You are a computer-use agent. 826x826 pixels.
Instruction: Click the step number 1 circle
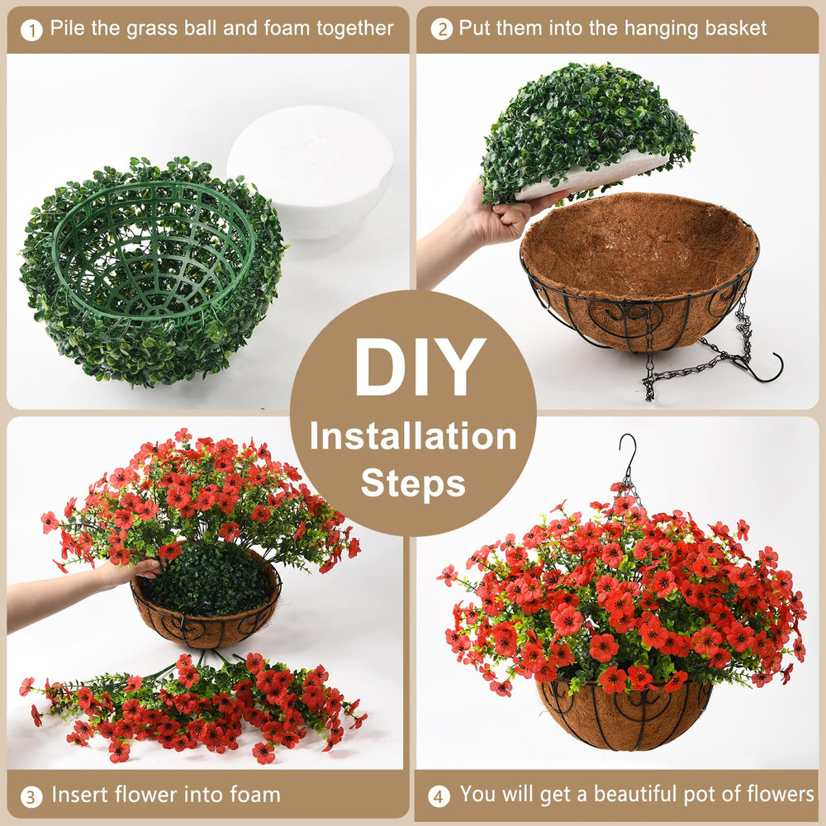coord(31,30)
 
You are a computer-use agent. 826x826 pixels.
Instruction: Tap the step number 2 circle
coord(441,29)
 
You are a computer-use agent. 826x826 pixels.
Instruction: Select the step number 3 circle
coord(31,796)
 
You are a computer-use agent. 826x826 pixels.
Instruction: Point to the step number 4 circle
coord(439,796)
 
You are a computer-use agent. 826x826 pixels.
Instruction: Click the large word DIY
coord(420,368)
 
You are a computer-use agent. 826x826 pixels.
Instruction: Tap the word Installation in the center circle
coord(413,437)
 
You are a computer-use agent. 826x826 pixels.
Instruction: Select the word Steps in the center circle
coord(414,483)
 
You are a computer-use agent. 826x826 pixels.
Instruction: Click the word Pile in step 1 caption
coord(68,28)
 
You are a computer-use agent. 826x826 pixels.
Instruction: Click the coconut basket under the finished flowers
coord(624,714)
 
